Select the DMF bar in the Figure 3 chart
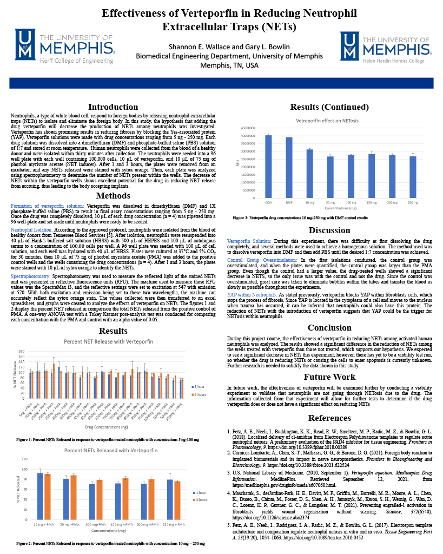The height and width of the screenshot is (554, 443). pyautogui.click(x=289, y=168)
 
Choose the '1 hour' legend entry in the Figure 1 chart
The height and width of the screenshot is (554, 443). pyautogui.click(x=200, y=386)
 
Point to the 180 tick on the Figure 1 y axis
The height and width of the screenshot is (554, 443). pyautogui.click(x=22, y=351)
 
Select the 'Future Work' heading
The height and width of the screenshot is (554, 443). pyautogui.click(x=329, y=377)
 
